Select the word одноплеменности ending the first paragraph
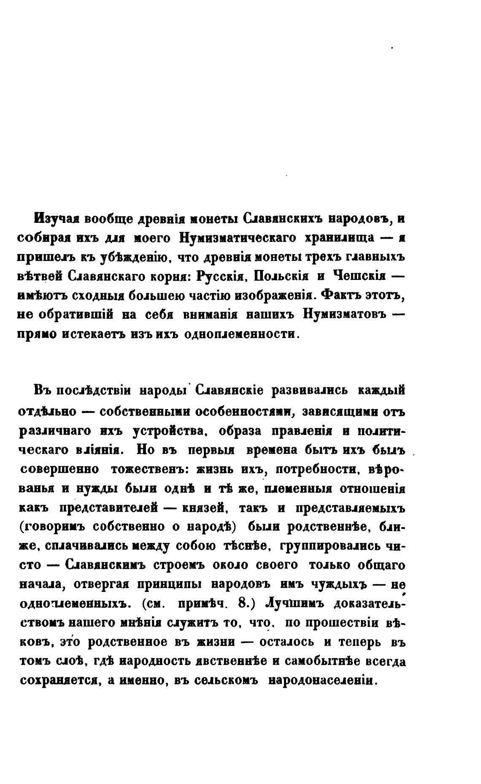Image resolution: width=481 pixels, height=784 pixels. point(242,334)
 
